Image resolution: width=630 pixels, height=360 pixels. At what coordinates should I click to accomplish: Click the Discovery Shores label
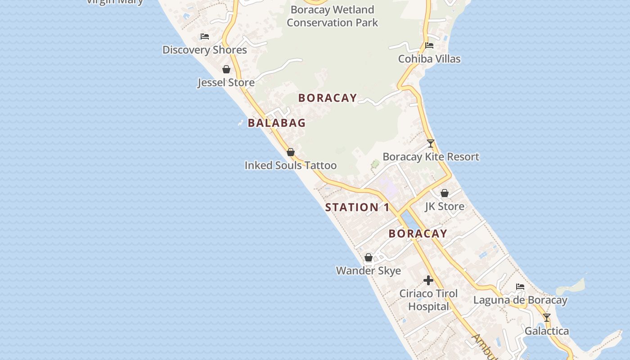tap(204, 50)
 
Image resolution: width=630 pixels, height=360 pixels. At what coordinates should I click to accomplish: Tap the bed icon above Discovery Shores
tap(205, 36)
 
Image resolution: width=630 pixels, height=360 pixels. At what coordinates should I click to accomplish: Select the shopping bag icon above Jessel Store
tap(226, 69)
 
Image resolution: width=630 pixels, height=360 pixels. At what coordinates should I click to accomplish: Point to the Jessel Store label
tap(226, 83)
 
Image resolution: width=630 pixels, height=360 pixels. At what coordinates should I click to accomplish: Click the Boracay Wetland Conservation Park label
tap(333, 16)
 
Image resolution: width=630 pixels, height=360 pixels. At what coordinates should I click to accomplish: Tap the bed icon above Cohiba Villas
tap(429, 45)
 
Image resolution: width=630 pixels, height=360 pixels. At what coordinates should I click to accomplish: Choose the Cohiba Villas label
tap(429, 59)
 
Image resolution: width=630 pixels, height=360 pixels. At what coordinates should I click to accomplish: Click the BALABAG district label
tap(277, 123)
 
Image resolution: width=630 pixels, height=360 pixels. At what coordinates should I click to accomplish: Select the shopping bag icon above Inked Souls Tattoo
tap(291, 152)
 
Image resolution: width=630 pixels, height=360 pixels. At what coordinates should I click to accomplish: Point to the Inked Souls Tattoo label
tap(291, 166)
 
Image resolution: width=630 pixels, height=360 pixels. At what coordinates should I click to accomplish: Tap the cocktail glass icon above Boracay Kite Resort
tap(431, 144)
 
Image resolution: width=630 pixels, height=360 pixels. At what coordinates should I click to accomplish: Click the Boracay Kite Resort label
tap(431, 157)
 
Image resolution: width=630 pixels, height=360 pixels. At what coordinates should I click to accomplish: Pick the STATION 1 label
tap(357, 207)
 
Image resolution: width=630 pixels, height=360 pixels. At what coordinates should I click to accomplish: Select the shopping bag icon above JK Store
tap(445, 193)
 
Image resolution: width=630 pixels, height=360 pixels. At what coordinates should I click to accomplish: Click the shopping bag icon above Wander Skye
tap(369, 257)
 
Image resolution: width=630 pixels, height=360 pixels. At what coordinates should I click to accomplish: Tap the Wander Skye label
tap(369, 271)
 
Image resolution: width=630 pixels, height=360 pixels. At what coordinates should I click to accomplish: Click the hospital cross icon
tap(428, 280)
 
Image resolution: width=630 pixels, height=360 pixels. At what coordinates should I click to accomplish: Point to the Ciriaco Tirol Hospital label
tap(428, 300)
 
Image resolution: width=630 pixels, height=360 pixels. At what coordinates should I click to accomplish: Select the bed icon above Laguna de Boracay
tap(520, 287)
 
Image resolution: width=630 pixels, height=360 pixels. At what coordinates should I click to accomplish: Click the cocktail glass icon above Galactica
tap(546, 318)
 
